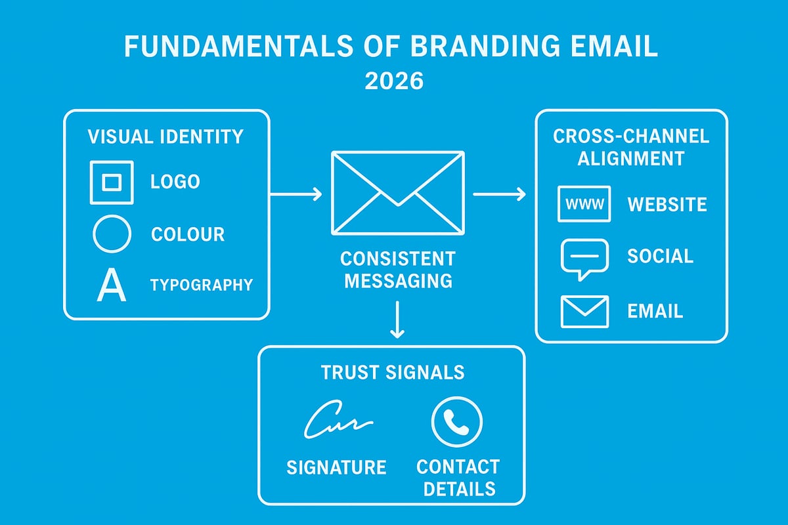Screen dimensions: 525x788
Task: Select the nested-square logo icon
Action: click(x=111, y=182)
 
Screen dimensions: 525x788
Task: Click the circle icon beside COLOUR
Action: click(x=112, y=234)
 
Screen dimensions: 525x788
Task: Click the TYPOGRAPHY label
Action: click(x=202, y=285)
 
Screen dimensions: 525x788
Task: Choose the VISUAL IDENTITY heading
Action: click(x=165, y=137)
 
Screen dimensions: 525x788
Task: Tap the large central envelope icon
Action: click(x=398, y=192)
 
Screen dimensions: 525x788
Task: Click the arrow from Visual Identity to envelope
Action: click(x=295, y=194)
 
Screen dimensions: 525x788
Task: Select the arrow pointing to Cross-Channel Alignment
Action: click(x=499, y=194)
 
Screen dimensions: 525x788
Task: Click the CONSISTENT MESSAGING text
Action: click(x=399, y=269)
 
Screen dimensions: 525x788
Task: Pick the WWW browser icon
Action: click(x=584, y=203)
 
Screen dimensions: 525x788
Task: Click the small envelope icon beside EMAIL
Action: click(x=584, y=311)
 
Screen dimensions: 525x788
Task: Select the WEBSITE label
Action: click(x=667, y=204)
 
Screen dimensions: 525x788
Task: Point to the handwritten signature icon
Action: click(x=338, y=422)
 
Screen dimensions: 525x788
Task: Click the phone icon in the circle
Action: click(x=457, y=422)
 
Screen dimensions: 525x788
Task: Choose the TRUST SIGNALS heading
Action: click(x=393, y=373)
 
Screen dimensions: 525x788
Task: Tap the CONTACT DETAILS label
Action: click(x=458, y=478)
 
